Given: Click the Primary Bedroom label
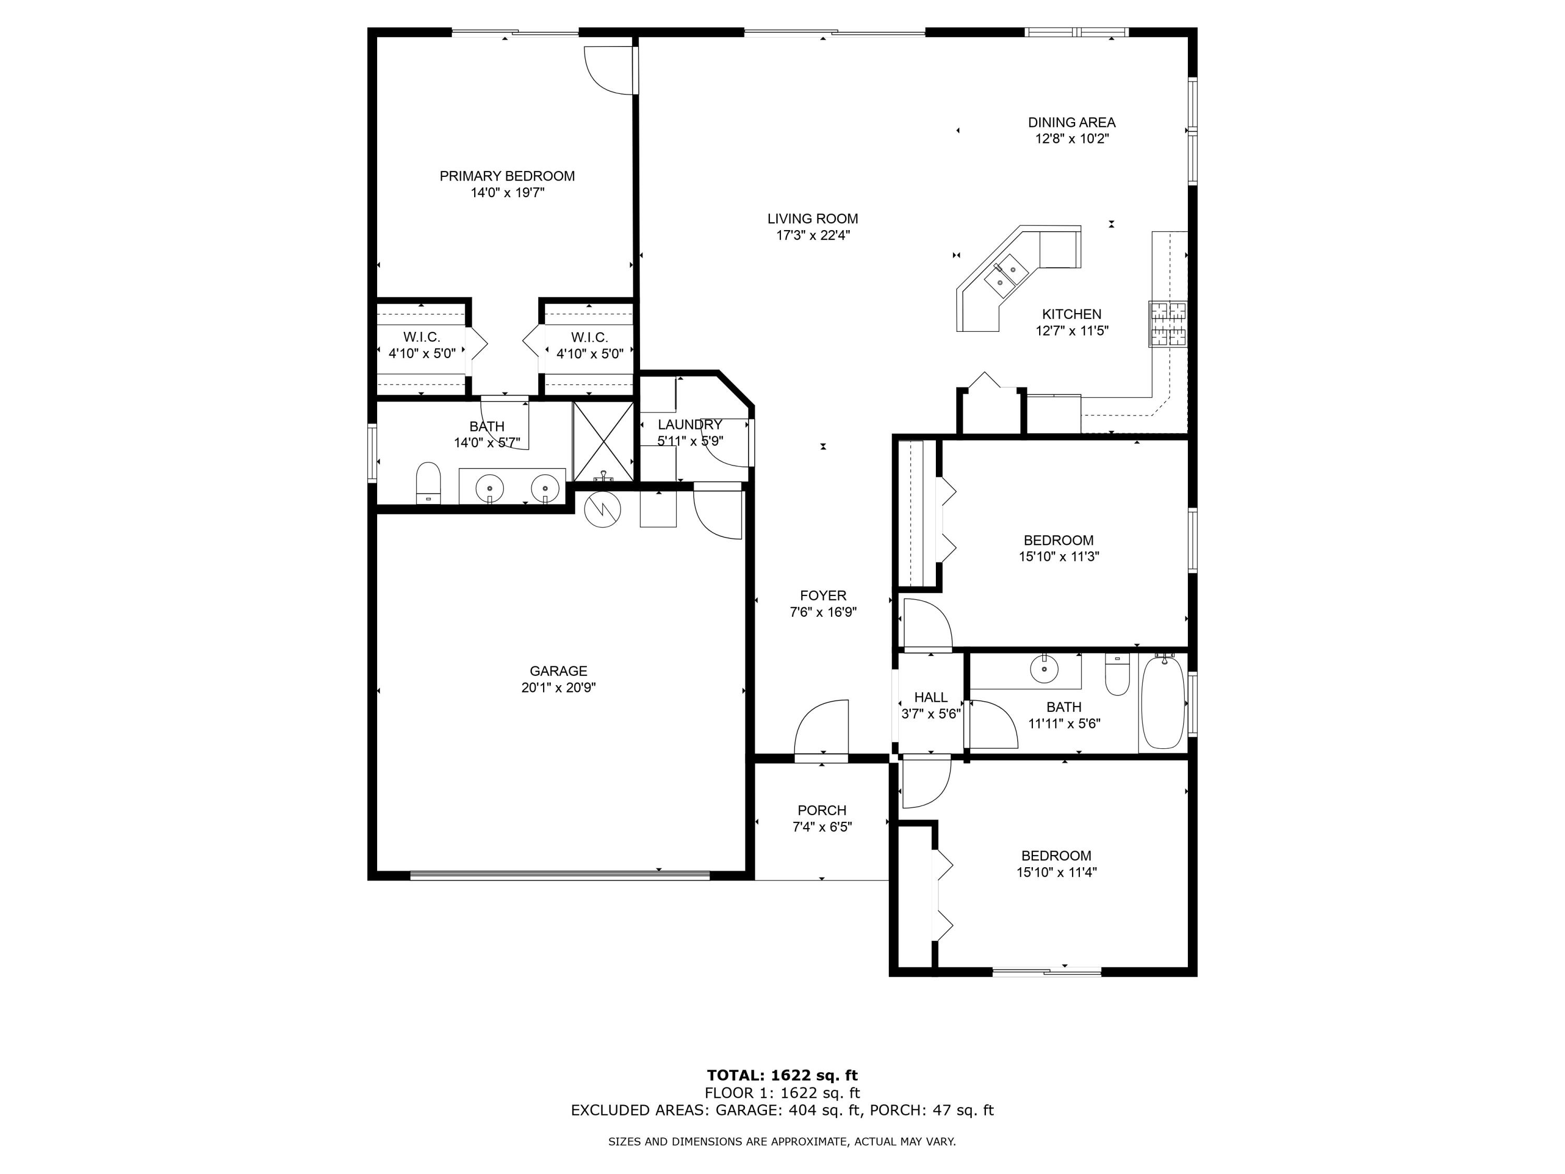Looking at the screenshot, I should [x=507, y=176].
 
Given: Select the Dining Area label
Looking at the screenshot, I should [x=1071, y=123].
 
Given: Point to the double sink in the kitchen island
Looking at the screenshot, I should [x=1006, y=276].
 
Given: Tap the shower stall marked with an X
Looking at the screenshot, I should [x=603, y=441].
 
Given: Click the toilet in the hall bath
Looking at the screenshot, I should [x=1117, y=675].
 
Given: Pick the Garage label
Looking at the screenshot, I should [x=558, y=671].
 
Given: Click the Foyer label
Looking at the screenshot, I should [x=823, y=596].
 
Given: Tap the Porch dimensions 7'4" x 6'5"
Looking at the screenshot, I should [x=822, y=827].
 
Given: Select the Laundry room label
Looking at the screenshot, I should [x=689, y=425].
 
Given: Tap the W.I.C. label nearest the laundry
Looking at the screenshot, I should [x=589, y=338].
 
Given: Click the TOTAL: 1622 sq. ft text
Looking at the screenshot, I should [x=782, y=1075].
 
